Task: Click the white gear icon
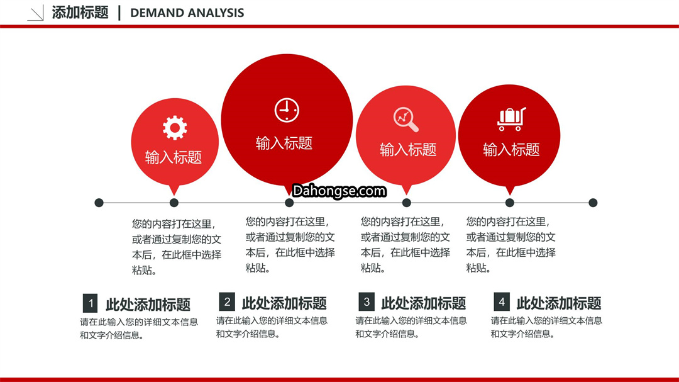[175, 128]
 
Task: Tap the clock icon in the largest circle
[287, 110]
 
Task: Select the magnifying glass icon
[406, 119]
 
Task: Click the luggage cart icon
[511, 119]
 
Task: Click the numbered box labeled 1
[90, 303]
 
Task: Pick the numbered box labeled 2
[227, 301]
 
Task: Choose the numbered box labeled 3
[367, 301]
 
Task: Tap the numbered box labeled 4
[502, 301]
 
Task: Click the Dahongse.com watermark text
[339, 191]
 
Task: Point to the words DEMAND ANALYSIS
[187, 13]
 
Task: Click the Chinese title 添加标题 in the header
[80, 13]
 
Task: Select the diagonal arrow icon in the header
[35, 13]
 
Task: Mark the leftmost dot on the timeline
[99, 203]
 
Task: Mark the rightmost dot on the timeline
[593, 203]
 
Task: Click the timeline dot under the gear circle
[174, 203]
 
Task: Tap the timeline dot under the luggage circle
[510, 203]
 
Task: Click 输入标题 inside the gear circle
[174, 157]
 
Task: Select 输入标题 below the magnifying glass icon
[408, 150]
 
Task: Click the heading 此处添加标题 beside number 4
[559, 303]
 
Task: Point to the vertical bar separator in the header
[119, 13]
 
